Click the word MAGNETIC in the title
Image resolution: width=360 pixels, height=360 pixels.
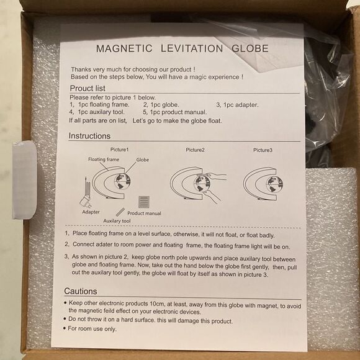coord(124,48)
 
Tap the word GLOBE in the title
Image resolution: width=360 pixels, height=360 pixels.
coord(250,48)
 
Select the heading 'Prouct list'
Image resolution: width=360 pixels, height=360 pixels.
coord(88,88)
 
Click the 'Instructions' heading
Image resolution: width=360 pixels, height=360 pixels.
coord(89,136)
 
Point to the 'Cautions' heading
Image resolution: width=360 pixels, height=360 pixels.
coord(81,291)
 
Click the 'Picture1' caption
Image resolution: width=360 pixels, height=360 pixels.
coord(119,150)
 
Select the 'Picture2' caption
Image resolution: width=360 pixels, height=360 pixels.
coord(195,150)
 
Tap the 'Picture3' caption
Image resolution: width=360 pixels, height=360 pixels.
coord(263,150)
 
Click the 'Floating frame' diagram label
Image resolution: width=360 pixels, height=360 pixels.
coord(104,160)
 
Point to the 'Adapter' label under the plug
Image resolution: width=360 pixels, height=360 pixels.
coord(91,212)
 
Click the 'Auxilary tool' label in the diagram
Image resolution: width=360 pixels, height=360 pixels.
coord(117,221)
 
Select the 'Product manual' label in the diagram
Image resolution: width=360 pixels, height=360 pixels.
coord(144,214)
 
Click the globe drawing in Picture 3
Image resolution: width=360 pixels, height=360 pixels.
coord(274,184)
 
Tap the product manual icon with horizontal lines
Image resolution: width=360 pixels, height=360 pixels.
coord(144,202)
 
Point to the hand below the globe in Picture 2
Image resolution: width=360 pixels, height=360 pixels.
coord(212,196)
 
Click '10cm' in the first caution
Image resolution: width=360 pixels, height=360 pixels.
coord(157,304)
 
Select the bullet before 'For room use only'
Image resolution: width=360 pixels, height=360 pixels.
coord(65,328)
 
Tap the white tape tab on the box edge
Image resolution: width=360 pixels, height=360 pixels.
coord(25,180)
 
